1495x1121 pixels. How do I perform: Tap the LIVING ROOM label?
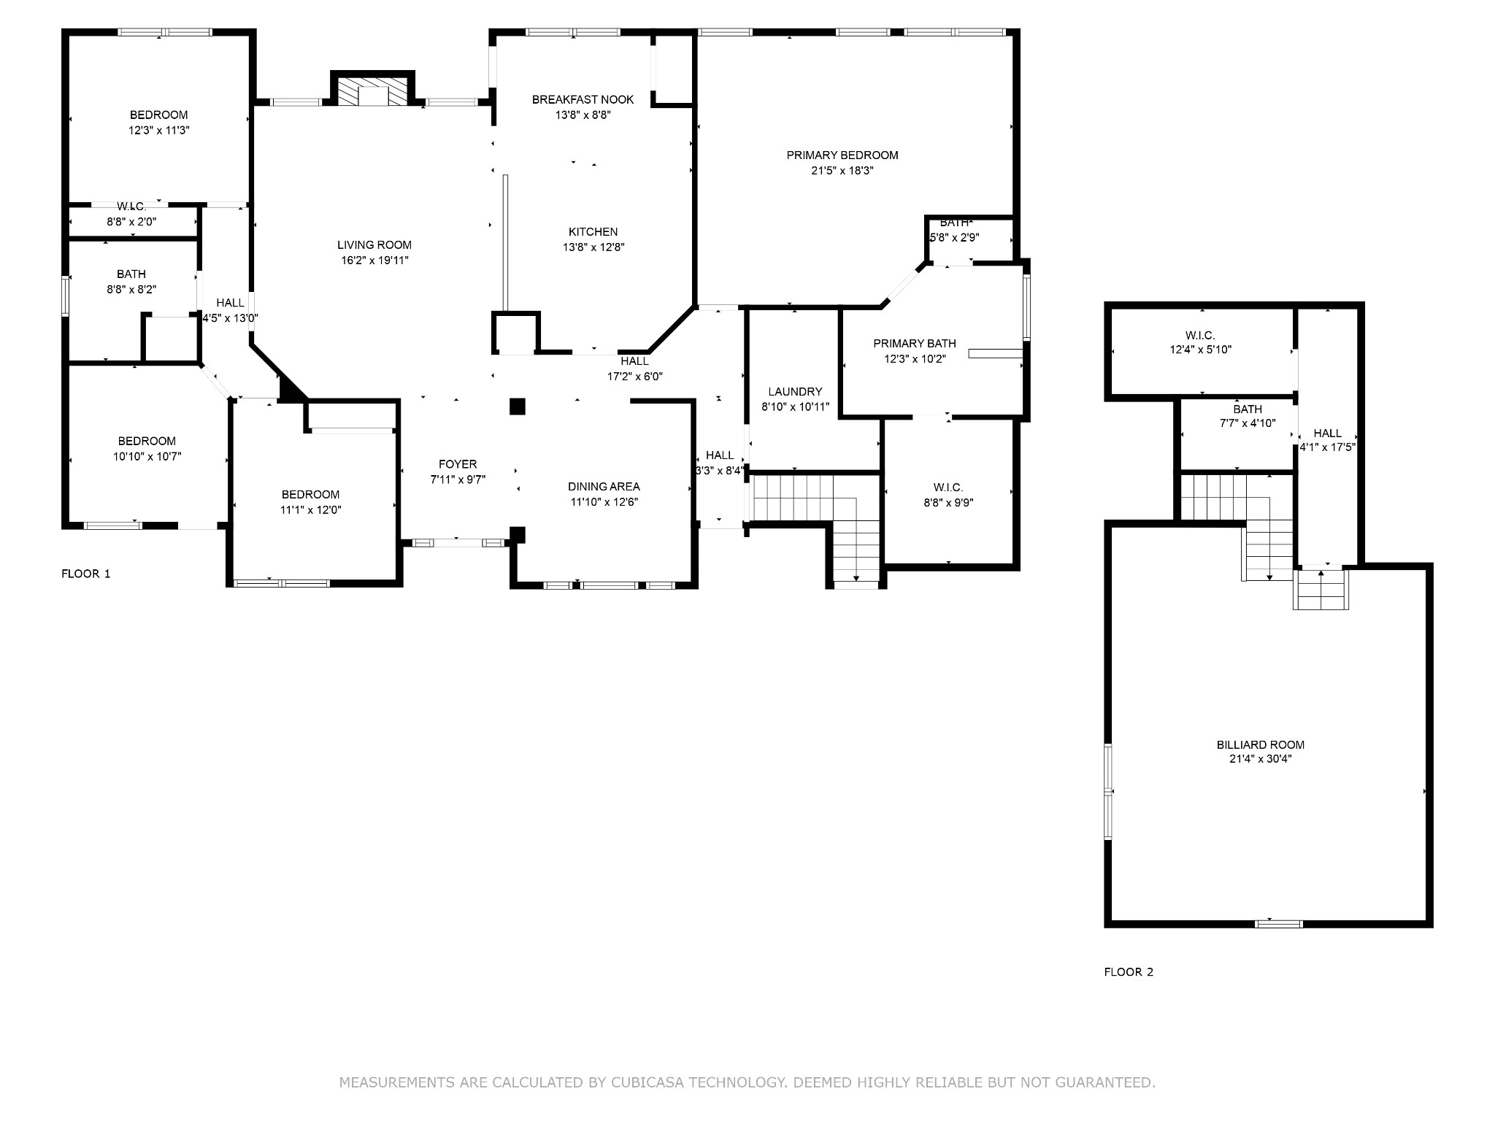coord(374,245)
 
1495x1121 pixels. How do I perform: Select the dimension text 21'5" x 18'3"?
coord(842,171)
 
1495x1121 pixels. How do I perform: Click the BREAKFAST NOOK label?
coord(583,99)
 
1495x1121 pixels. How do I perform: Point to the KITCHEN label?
coord(593,232)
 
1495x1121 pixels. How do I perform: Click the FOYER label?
coord(458,464)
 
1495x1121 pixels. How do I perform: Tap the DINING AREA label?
coord(604,487)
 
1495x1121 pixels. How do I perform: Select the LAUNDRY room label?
coord(795,392)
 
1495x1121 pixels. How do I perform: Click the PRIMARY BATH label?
coord(914,344)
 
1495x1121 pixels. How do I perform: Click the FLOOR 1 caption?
coord(86,574)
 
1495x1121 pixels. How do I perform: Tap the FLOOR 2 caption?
coord(1129,972)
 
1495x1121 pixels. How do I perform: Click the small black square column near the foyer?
coord(517,407)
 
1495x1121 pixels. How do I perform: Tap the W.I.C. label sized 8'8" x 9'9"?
coord(948,488)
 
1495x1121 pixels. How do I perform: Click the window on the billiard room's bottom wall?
coord(1278,924)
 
